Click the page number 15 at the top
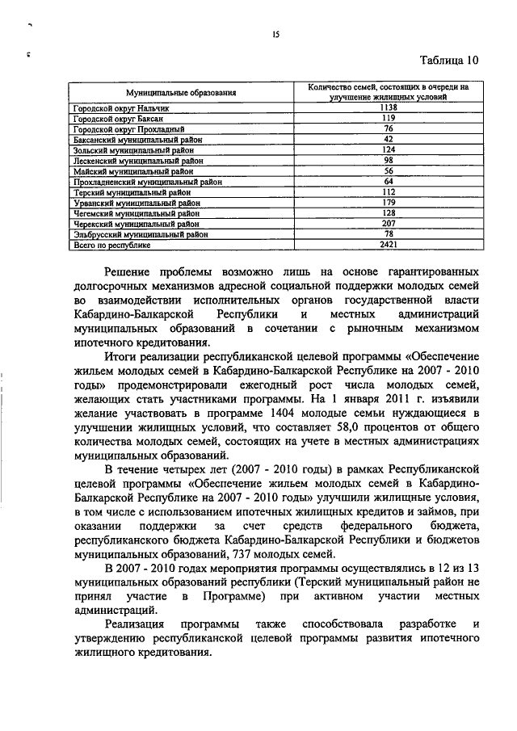275,34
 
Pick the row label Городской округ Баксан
113,118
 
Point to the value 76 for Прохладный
388,128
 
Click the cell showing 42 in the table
388,139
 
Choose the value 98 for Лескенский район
388,161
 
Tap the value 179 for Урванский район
388,203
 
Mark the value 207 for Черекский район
388,224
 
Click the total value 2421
388,245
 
